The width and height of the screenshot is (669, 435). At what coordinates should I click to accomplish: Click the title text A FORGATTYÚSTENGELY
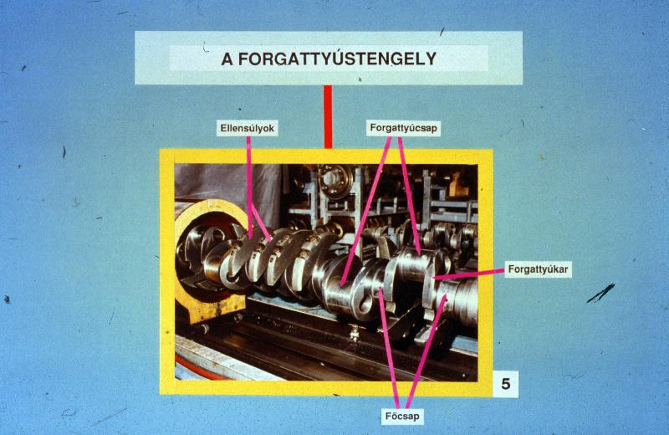329,59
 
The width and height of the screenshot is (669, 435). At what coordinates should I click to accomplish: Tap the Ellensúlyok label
247,128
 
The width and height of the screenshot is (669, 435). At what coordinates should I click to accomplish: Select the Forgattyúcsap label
404,128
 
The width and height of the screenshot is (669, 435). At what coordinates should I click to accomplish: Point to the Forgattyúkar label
538,269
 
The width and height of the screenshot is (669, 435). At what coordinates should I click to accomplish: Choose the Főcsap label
402,416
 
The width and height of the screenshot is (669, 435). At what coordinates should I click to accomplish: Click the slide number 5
506,384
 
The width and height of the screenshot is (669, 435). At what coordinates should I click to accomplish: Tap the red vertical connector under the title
328,116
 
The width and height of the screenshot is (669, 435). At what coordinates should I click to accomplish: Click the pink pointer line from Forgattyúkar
468,274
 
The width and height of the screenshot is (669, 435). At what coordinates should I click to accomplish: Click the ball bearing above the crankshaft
336,181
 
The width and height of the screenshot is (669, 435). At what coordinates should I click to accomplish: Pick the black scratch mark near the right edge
600,293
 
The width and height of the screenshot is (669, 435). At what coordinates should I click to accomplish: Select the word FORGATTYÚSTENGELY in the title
337,59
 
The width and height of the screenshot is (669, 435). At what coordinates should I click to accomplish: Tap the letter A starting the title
227,59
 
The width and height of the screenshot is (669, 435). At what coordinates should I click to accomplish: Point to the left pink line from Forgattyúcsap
366,212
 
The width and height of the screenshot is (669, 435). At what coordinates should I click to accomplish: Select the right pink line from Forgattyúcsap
409,195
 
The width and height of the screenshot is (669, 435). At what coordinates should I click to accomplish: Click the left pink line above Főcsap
389,349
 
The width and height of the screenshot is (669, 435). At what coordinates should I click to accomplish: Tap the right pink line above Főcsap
426,352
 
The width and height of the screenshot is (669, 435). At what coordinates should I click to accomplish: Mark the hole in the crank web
365,303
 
